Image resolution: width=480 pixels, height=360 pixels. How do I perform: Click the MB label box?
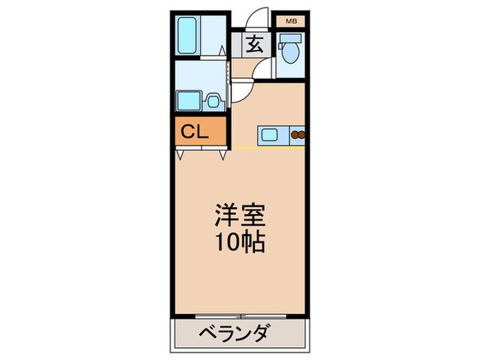291,21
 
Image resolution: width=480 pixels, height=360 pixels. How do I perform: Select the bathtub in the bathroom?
187,36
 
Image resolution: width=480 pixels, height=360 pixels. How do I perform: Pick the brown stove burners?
298,134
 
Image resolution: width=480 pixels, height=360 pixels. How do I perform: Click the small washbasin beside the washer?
213,101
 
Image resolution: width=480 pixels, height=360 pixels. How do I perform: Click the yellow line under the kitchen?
267,147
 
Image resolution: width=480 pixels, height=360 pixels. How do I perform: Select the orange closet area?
199,132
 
